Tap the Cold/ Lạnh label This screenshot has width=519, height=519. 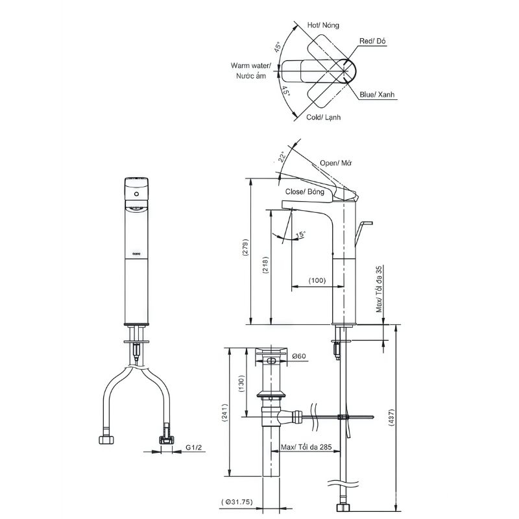coord(324,117)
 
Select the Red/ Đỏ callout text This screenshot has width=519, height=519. coord(374,41)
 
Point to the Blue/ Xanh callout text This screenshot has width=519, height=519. coord(378,95)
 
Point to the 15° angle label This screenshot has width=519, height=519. coord(300,234)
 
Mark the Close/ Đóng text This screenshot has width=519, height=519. coord(304,192)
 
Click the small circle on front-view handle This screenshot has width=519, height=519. coord(137,193)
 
